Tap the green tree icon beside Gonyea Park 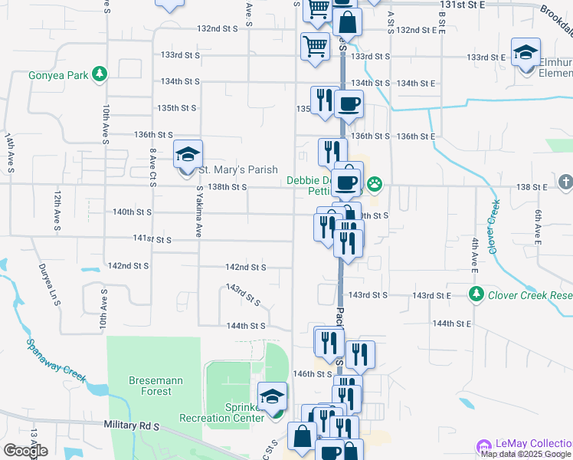[x=99, y=74]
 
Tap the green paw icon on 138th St [x=374, y=183]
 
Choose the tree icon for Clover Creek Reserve [x=476, y=294]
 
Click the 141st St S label [x=153, y=239]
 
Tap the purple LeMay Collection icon [x=483, y=445]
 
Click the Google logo [x=25, y=451]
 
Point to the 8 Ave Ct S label [x=152, y=165]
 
